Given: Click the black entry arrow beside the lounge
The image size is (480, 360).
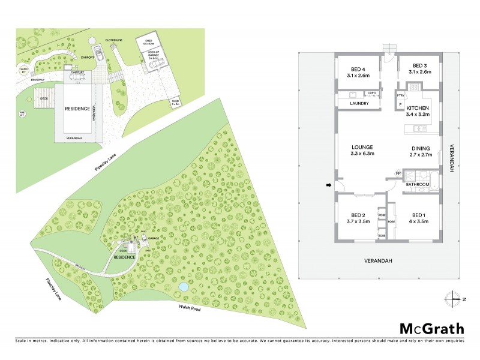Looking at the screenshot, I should (328, 185).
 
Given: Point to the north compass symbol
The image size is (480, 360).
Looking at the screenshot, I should (454, 298).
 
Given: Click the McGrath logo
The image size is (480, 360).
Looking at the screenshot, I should (432, 328).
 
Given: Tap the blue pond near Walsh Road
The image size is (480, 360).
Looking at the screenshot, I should (183, 287).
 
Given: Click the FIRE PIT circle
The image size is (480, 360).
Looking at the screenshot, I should (22, 113).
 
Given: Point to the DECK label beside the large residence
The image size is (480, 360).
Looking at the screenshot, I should (44, 98).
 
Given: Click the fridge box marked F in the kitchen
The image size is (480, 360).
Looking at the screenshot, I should (401, 105).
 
